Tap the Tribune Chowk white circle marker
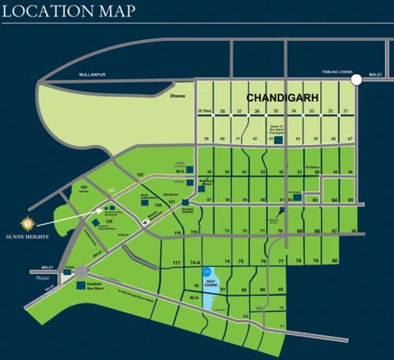[356, 78]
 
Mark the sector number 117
[177, 261]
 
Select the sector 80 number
[334, 261]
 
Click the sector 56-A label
[180, 169]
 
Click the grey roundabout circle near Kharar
[82, 272]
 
